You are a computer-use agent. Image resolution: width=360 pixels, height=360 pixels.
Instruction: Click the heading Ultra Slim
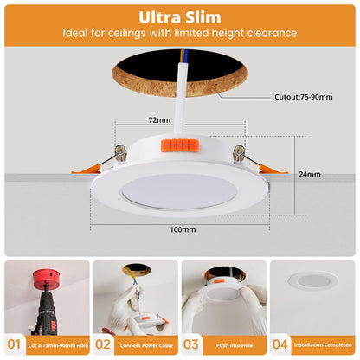coord(180,17)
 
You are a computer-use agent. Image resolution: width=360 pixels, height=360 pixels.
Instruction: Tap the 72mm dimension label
coord(159,120)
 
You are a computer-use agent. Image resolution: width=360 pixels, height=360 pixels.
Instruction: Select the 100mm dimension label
coord(183,229)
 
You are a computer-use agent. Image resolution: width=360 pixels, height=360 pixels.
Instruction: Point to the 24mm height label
coord(310,174)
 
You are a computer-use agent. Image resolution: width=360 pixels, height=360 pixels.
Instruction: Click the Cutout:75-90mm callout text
coord(304,97)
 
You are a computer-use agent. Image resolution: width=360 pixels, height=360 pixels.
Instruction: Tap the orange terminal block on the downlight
coord(181,145)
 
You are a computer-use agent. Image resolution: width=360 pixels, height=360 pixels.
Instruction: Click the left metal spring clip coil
coord(121,152)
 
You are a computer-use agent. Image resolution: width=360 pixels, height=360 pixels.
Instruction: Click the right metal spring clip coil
coord(240,153)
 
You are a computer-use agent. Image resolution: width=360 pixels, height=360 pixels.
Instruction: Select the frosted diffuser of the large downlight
coord(178,192)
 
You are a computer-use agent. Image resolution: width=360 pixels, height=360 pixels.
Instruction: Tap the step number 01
coord(14,344)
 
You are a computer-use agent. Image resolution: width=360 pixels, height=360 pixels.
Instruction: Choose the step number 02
coord(103,344)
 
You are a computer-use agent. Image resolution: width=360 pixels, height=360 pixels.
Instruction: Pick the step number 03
coord(191,344)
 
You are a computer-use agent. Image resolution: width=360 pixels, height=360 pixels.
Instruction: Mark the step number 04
coord(280,344)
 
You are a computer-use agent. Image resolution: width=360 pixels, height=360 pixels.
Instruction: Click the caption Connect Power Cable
coord(146,345)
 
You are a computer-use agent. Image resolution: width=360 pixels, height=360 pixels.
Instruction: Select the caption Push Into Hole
coord(235,345)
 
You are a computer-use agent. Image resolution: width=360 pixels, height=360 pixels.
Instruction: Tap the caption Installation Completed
coord(323,344)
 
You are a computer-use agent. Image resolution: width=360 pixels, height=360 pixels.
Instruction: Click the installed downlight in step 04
coord(313,280)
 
